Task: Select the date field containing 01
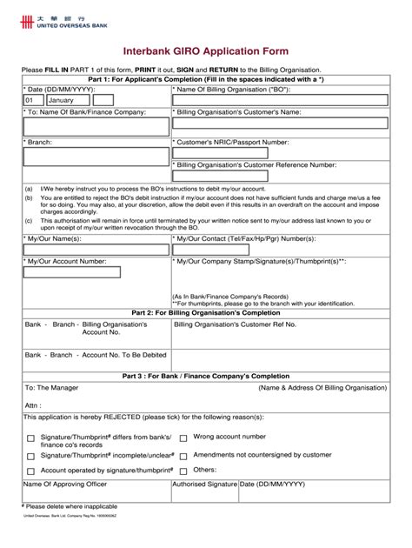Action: click(x=33, y=100)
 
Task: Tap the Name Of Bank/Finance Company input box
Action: click(x=96, y=127)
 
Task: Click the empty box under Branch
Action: click(x=96, y=157)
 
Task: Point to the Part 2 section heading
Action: click(x=205, y=311)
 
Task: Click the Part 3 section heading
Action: click(x=205, y=375)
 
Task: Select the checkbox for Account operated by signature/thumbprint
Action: click(x=31, y=471)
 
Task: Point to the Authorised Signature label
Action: click(x=204, y=485)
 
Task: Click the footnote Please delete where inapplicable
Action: click(x=70, y=506)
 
